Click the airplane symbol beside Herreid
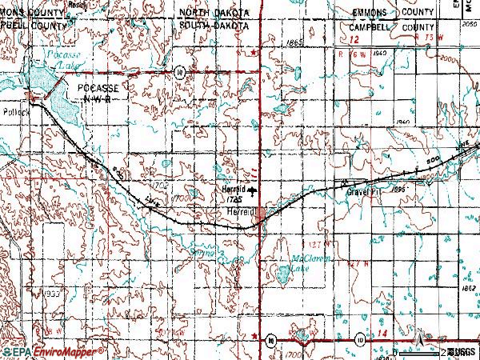pyautogui.click(x=253, y=191)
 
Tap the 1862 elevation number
pyautogui.click(x=470, y=287)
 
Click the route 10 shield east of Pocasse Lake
pyautogui.click(x=182, y=72)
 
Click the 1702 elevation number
pyautogui.click(x=160, y=185)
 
